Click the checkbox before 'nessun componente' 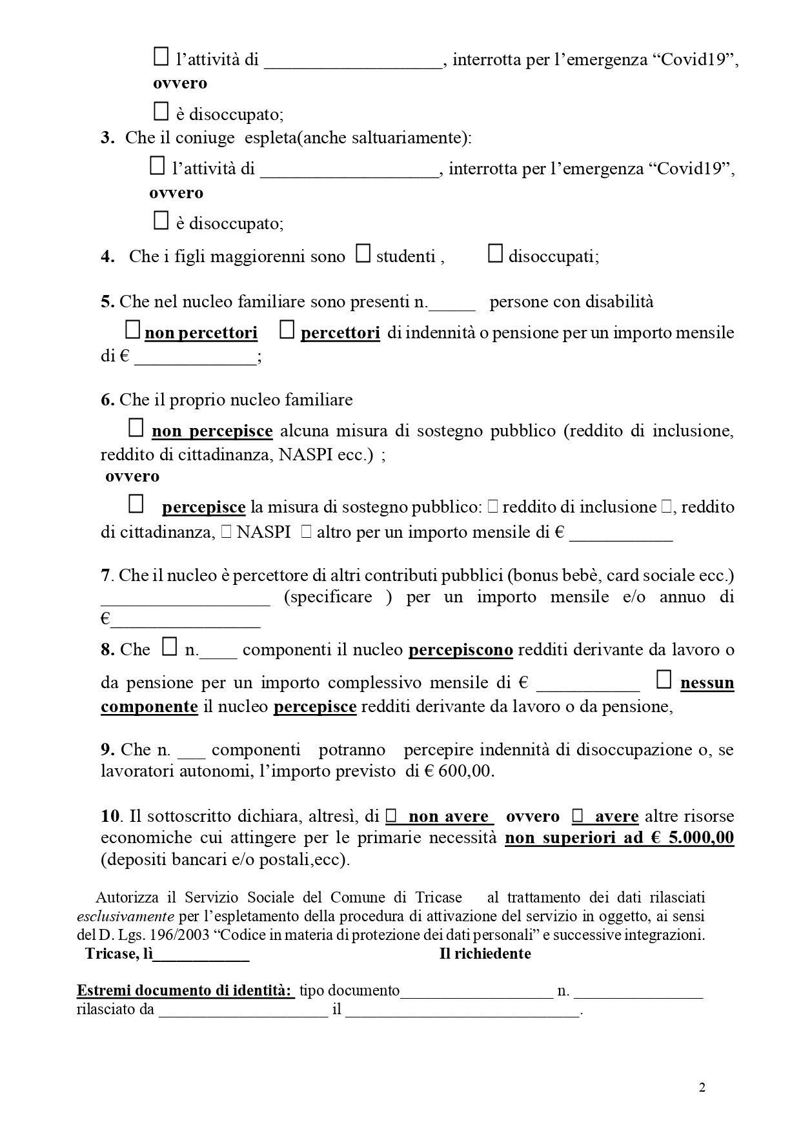pyautogui.click(x=664, y=679)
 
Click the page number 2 pyautogui.click(x=702, y=1088)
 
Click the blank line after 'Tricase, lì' pyautogui.click(x=201, y=955)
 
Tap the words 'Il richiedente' pyautogui.click(x=485, y=954)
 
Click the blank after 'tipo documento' pyautogui.click(x=476, y=992)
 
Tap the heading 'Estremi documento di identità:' pyautogui.click(x=185, y=990)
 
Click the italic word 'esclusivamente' pyautogui.click(x=125, y=916)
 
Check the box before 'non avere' pyautogui.click(x=390, y=817)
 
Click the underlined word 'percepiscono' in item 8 pyautogui.click(x=461, y=649)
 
